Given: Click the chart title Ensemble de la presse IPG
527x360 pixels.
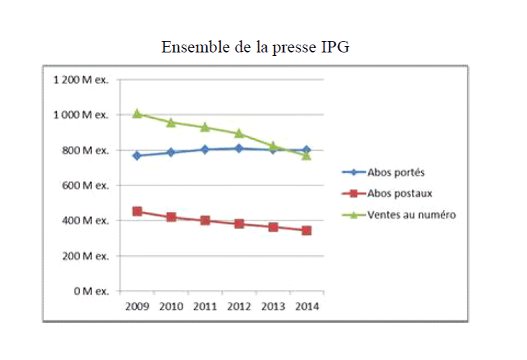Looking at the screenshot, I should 255,47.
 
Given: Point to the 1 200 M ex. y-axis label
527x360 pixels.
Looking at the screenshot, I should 80,80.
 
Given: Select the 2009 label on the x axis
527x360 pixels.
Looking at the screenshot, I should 137,306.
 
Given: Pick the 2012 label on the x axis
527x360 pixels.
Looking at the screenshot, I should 239,306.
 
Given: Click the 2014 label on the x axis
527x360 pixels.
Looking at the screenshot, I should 306,306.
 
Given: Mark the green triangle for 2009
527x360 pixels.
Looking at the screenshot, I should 137,114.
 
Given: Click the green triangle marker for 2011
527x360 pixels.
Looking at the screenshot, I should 205,127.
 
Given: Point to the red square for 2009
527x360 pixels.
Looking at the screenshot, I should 137,211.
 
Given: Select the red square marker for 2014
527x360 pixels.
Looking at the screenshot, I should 306,231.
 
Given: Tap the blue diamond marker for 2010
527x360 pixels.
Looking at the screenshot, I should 171,152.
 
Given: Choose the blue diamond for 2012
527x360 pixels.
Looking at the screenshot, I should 239,149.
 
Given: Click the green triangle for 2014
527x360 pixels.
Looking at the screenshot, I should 306,155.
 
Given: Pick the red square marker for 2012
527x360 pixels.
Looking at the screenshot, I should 239,223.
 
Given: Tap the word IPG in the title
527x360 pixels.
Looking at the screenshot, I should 334,47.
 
